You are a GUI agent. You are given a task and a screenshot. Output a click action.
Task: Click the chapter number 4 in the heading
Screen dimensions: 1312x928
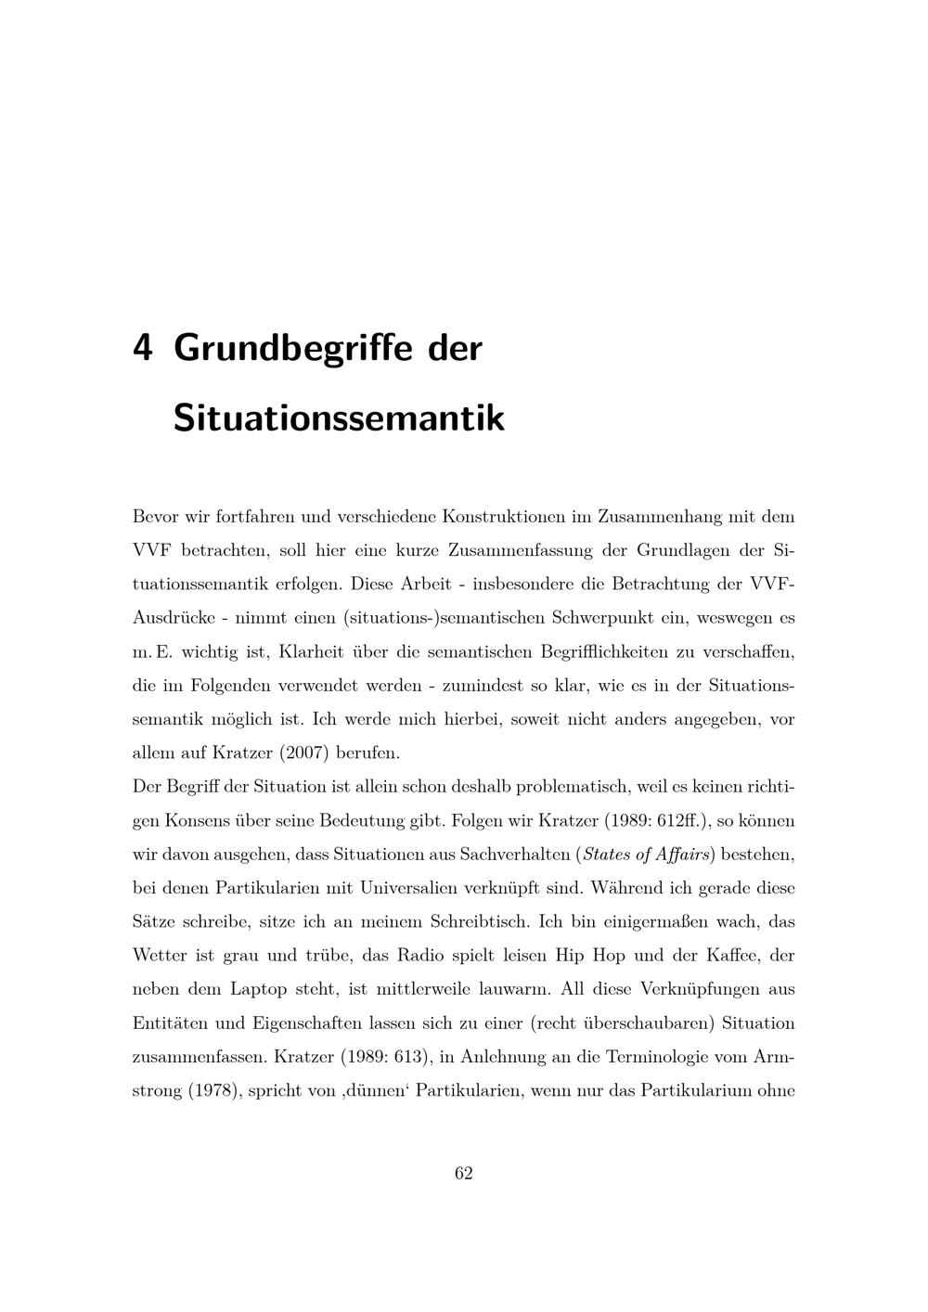143,348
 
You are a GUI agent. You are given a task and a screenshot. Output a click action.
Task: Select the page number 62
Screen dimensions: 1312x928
464,1174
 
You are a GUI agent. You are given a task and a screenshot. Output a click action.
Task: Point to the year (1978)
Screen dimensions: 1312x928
214,1090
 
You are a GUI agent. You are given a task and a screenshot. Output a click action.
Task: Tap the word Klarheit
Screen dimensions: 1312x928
316,651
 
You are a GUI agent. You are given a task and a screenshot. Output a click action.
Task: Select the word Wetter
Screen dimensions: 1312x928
160,956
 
